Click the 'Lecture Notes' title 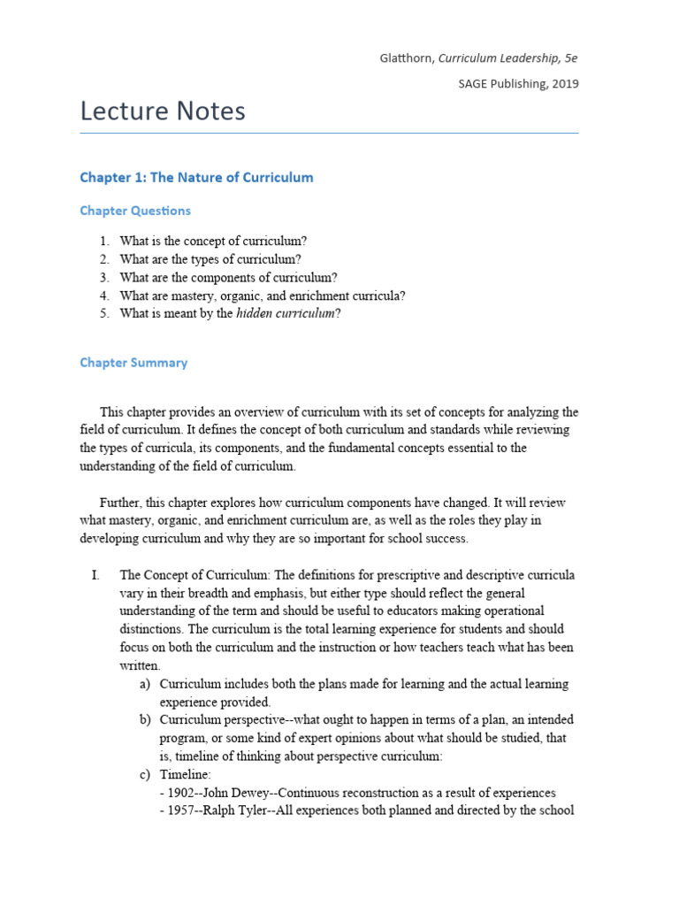(x=163, y=111)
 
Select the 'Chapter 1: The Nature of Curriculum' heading (x=196, y=177)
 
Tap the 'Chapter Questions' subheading (x=134, y=211)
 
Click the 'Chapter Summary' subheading (x=134, y=363)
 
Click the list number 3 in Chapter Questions (x=103, y=277)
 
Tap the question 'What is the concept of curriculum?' (x=213, y=241)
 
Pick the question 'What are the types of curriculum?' (x=210, y=259)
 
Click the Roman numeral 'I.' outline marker (x=95, y=575)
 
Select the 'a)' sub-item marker (x=145, y=684)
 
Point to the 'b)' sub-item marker (x=145, y=720)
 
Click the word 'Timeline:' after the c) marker (x=185, y=774)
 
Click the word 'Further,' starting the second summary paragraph (x=123, y=503)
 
